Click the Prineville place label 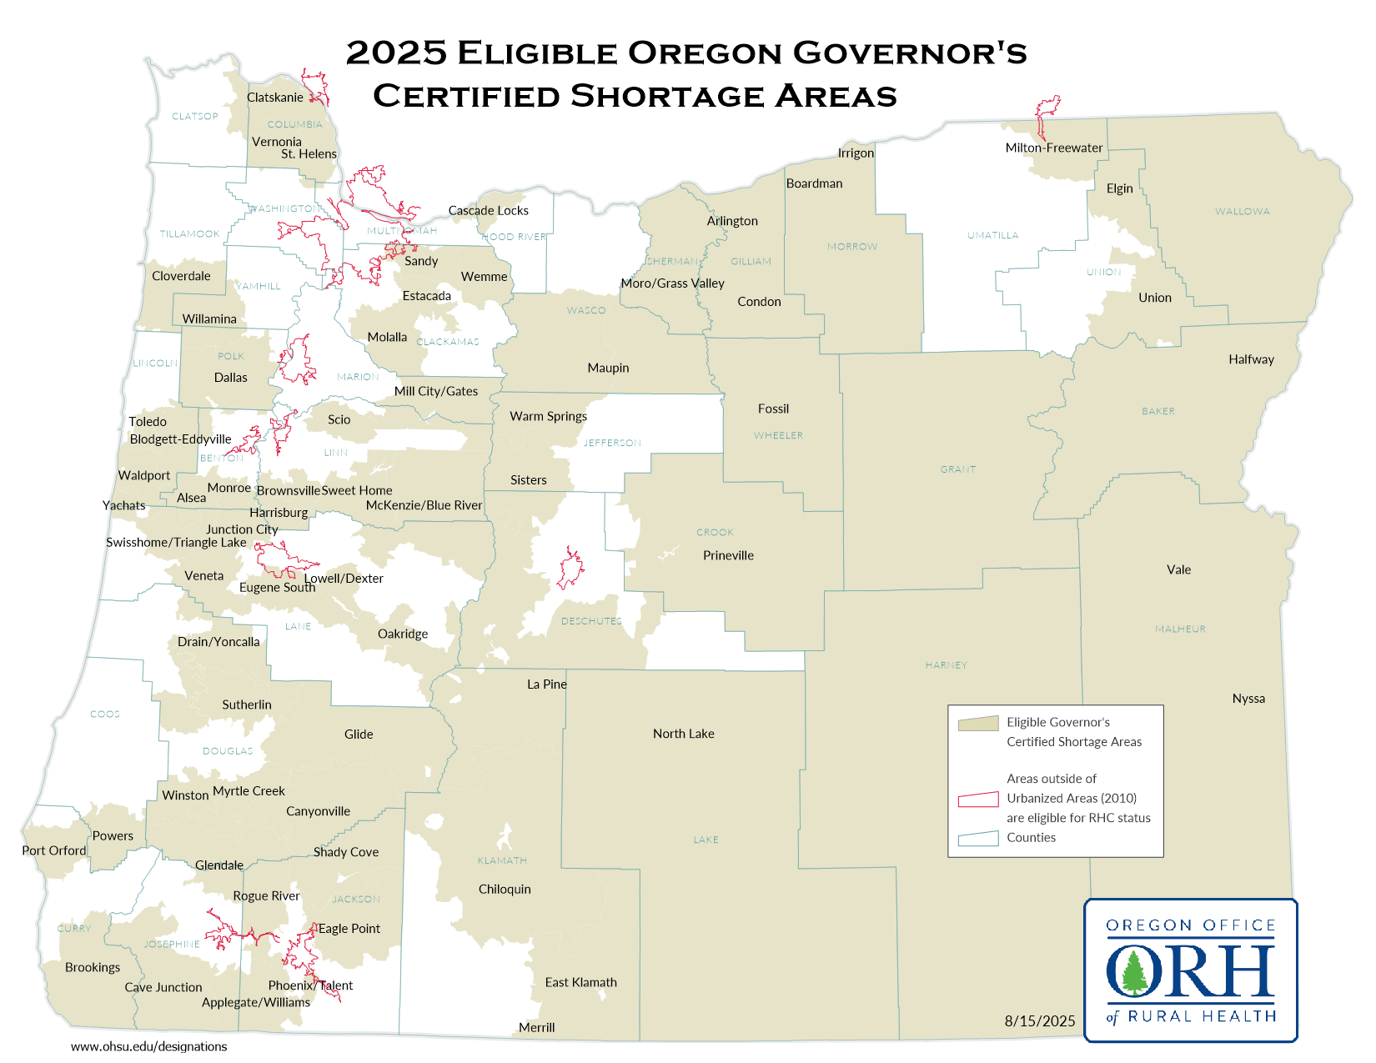click(x=728, y=555)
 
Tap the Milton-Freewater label click(x=1053, y=148)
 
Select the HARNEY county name click(x=946, y=665)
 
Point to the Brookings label click(x=93, y=967)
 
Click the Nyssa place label click(x=1248, y=699)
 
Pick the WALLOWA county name click(x=1242, y=212)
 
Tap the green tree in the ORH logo click(x=1134, y=973)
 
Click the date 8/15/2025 click(x=1039, y=1021)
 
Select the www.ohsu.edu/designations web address click(x=148, y=1046)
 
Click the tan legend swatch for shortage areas click(x=978, y=723)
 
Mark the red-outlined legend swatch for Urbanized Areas click(x=978, y=799)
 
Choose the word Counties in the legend click(x=1031, y=838)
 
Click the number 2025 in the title click(x=396, y=53)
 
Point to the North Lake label click(x=683, y=734)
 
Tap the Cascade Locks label click(x=488, y=211)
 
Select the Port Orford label click(x=53, y=850)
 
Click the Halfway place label click(x=1251, y=359)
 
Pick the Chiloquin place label click(x=505, y=889)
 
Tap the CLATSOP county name click(x=194, y=117)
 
